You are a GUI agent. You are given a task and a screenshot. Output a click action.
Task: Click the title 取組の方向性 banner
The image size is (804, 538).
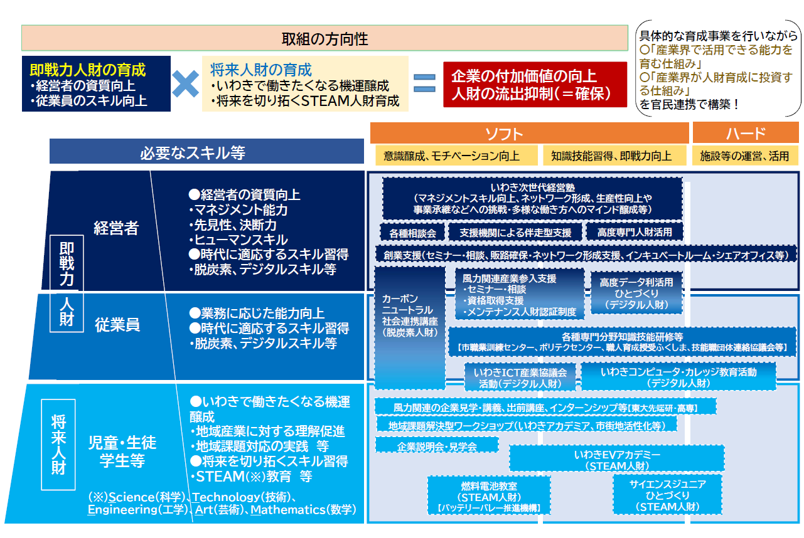pos(324,38)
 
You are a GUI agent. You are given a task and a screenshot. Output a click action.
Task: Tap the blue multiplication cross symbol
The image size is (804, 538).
pos(186,83)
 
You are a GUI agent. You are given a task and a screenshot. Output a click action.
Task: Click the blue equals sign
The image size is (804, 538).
pos(424,84)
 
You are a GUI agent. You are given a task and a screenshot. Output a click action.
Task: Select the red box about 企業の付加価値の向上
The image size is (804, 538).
pos(535,85)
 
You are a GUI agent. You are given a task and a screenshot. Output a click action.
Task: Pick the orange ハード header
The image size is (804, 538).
pos(745,133)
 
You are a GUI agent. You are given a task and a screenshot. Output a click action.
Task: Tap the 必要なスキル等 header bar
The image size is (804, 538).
pos(206,152)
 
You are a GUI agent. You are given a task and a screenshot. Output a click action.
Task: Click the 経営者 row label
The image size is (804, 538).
pos(115,228)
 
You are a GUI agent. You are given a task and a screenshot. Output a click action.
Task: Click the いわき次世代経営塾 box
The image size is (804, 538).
pos(532,198)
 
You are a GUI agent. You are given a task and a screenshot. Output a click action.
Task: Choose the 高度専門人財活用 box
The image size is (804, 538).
pos(634,233)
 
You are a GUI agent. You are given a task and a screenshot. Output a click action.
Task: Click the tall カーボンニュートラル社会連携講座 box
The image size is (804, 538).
pos(409,326)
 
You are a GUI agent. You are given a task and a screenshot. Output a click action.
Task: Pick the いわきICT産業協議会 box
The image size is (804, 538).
pos(520,377)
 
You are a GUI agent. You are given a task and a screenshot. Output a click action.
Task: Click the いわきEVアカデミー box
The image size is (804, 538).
pos(616,459)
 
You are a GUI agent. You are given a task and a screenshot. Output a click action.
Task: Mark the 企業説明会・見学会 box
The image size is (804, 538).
pos(437,446)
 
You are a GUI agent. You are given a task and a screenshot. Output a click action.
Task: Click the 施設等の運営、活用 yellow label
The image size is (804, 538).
pos(744,156)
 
